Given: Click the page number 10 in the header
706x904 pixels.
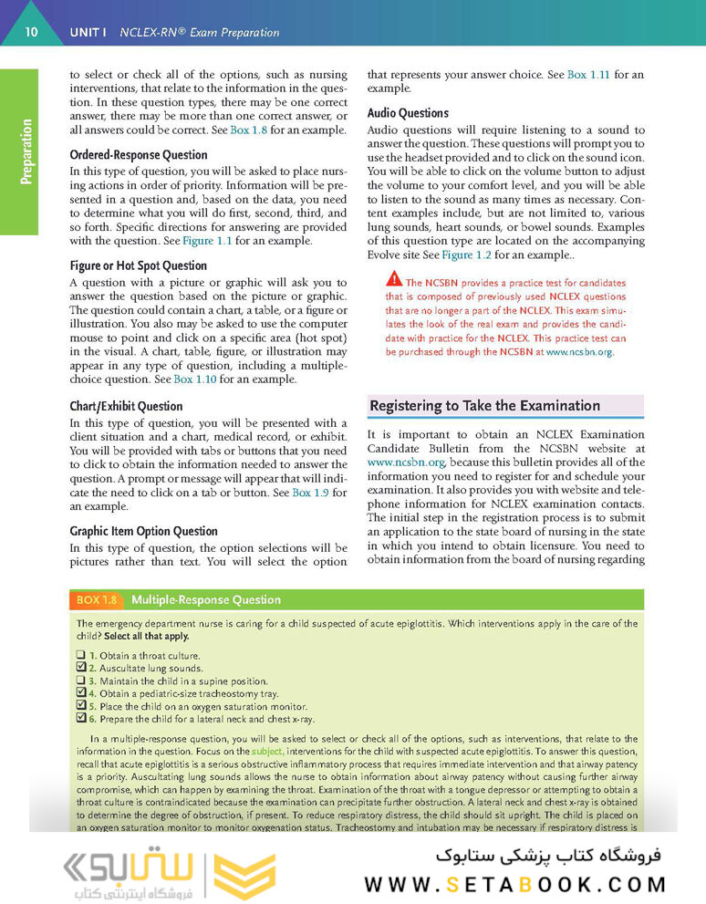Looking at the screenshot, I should (31, 32).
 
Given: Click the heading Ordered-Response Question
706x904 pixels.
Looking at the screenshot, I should (139, 155).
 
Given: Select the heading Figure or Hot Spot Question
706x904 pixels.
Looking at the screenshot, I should (139, 265).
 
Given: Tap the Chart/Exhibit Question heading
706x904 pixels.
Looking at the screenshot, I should (126, 406).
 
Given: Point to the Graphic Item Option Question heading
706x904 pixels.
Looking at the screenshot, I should (144, 531).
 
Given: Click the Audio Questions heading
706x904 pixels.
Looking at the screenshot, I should (408, 113).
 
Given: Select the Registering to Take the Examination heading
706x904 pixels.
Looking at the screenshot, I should (485, 406).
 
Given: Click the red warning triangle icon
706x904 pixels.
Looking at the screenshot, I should (393, 279).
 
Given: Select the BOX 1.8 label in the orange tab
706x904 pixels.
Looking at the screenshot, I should (97, 599).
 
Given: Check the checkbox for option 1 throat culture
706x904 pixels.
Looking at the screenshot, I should (81, 655).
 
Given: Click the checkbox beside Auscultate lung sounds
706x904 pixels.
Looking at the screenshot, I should (81, 668).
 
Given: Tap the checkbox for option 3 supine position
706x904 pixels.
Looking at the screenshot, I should (81, 680).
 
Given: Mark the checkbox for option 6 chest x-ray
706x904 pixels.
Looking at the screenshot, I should (81, 717).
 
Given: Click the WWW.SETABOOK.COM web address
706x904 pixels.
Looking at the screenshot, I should (515, 884).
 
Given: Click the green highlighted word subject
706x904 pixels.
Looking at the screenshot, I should (267, 751).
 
